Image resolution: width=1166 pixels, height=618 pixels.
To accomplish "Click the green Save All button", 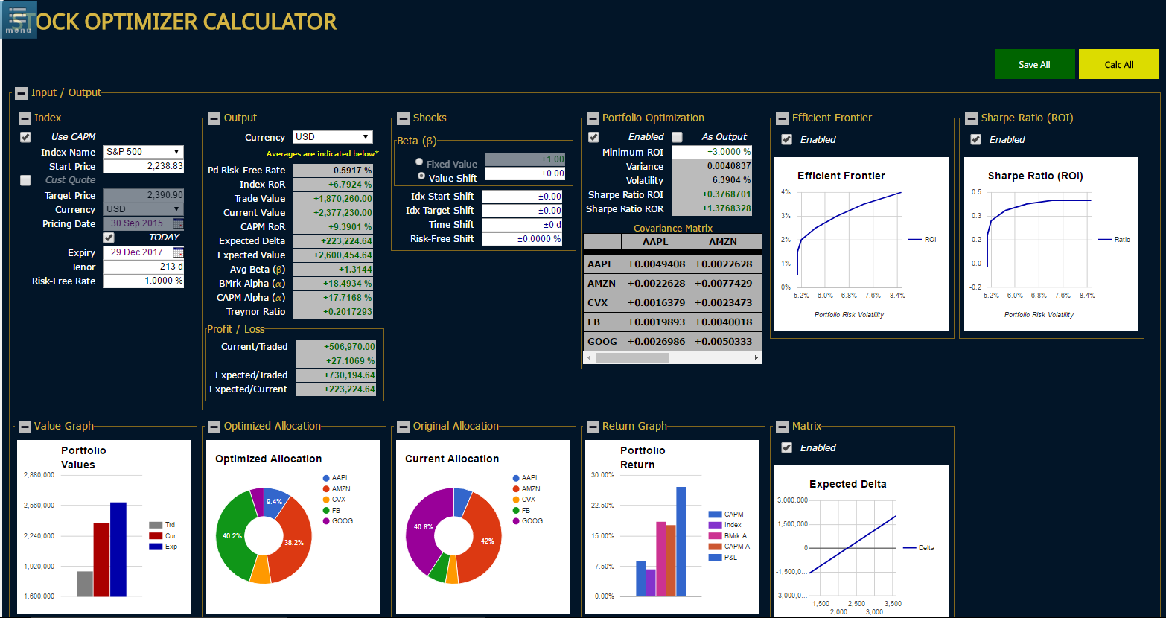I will [x=1034, y=64].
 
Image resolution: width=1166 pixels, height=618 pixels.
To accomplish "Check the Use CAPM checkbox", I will [x=26, y=137].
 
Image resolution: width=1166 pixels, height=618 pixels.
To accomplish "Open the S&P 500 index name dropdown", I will [x=143, y=152].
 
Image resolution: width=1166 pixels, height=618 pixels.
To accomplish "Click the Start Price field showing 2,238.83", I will [x=143, y=167].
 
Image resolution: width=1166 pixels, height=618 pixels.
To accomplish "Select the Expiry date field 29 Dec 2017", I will [x=138, y=252].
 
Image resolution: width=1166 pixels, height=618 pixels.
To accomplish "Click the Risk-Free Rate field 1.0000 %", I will [x=143, y=281].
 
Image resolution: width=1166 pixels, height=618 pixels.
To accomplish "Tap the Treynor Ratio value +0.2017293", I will [x=333, y=312].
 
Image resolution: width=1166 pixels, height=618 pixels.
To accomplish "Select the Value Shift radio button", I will [x=421, y=176].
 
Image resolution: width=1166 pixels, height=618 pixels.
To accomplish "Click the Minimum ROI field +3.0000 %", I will [x=711, y=152].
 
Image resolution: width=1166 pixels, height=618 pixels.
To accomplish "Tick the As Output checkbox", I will [x=677, y=137].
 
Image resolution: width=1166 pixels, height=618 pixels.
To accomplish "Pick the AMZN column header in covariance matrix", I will [x=722, y=241].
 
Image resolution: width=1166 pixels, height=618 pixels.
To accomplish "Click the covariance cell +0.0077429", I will [x=722, y=283].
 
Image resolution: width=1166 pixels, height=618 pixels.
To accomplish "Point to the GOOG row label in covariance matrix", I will [x=602, y=341].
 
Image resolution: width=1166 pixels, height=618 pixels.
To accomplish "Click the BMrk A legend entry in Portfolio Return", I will [x=734, y=535].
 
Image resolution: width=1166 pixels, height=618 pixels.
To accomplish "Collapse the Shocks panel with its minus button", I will [x=404, y=118].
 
